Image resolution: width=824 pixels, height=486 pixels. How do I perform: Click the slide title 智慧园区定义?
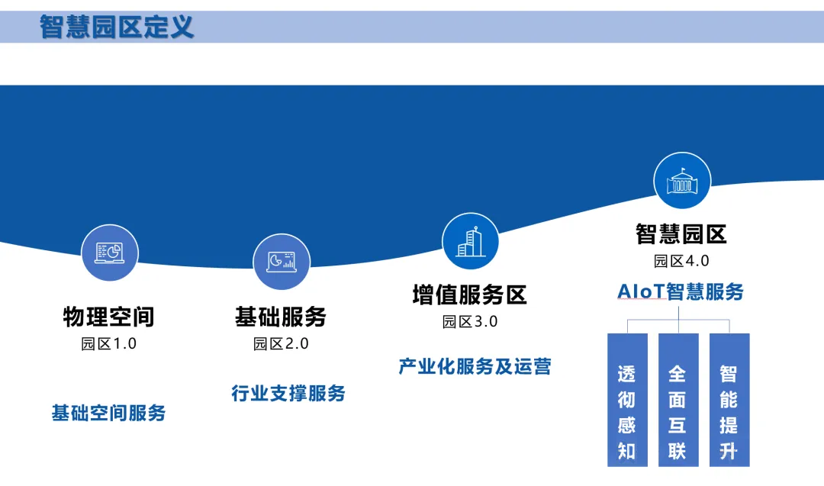[117, 27]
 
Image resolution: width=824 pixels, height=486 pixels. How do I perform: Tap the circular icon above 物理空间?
[110, 253]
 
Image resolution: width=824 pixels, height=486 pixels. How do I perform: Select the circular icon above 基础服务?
[282, 262]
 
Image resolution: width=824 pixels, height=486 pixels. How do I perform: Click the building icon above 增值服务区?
[470, 242]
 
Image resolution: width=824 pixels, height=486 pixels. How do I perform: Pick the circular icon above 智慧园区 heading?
[682, 181]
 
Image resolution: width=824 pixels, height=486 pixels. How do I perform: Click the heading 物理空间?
[109, 317]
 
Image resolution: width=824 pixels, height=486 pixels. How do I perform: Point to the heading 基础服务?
[281, 317]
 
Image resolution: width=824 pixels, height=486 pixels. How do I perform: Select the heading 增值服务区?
[469, 294]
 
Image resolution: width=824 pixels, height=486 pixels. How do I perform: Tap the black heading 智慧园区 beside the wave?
[681, 234]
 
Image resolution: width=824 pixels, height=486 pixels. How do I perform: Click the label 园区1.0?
[109, 343]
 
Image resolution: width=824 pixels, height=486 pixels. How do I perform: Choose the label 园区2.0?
[281, 343]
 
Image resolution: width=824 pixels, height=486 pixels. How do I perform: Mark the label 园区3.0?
[470, 321]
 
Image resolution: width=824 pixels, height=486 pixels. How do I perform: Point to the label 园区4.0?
[681, 261]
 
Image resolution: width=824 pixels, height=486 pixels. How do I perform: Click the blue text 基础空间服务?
[109, 413]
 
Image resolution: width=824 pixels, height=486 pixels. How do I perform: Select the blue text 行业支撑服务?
[288, 393]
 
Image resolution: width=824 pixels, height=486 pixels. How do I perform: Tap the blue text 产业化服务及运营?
[475, 366]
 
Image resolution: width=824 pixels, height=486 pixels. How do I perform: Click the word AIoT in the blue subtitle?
[641, 291]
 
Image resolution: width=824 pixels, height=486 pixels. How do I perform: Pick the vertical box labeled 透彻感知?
[627, 400]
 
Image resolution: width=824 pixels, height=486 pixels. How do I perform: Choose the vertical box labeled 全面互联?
[678, 400]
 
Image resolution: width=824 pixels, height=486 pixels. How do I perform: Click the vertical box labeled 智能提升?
[729, 400]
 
